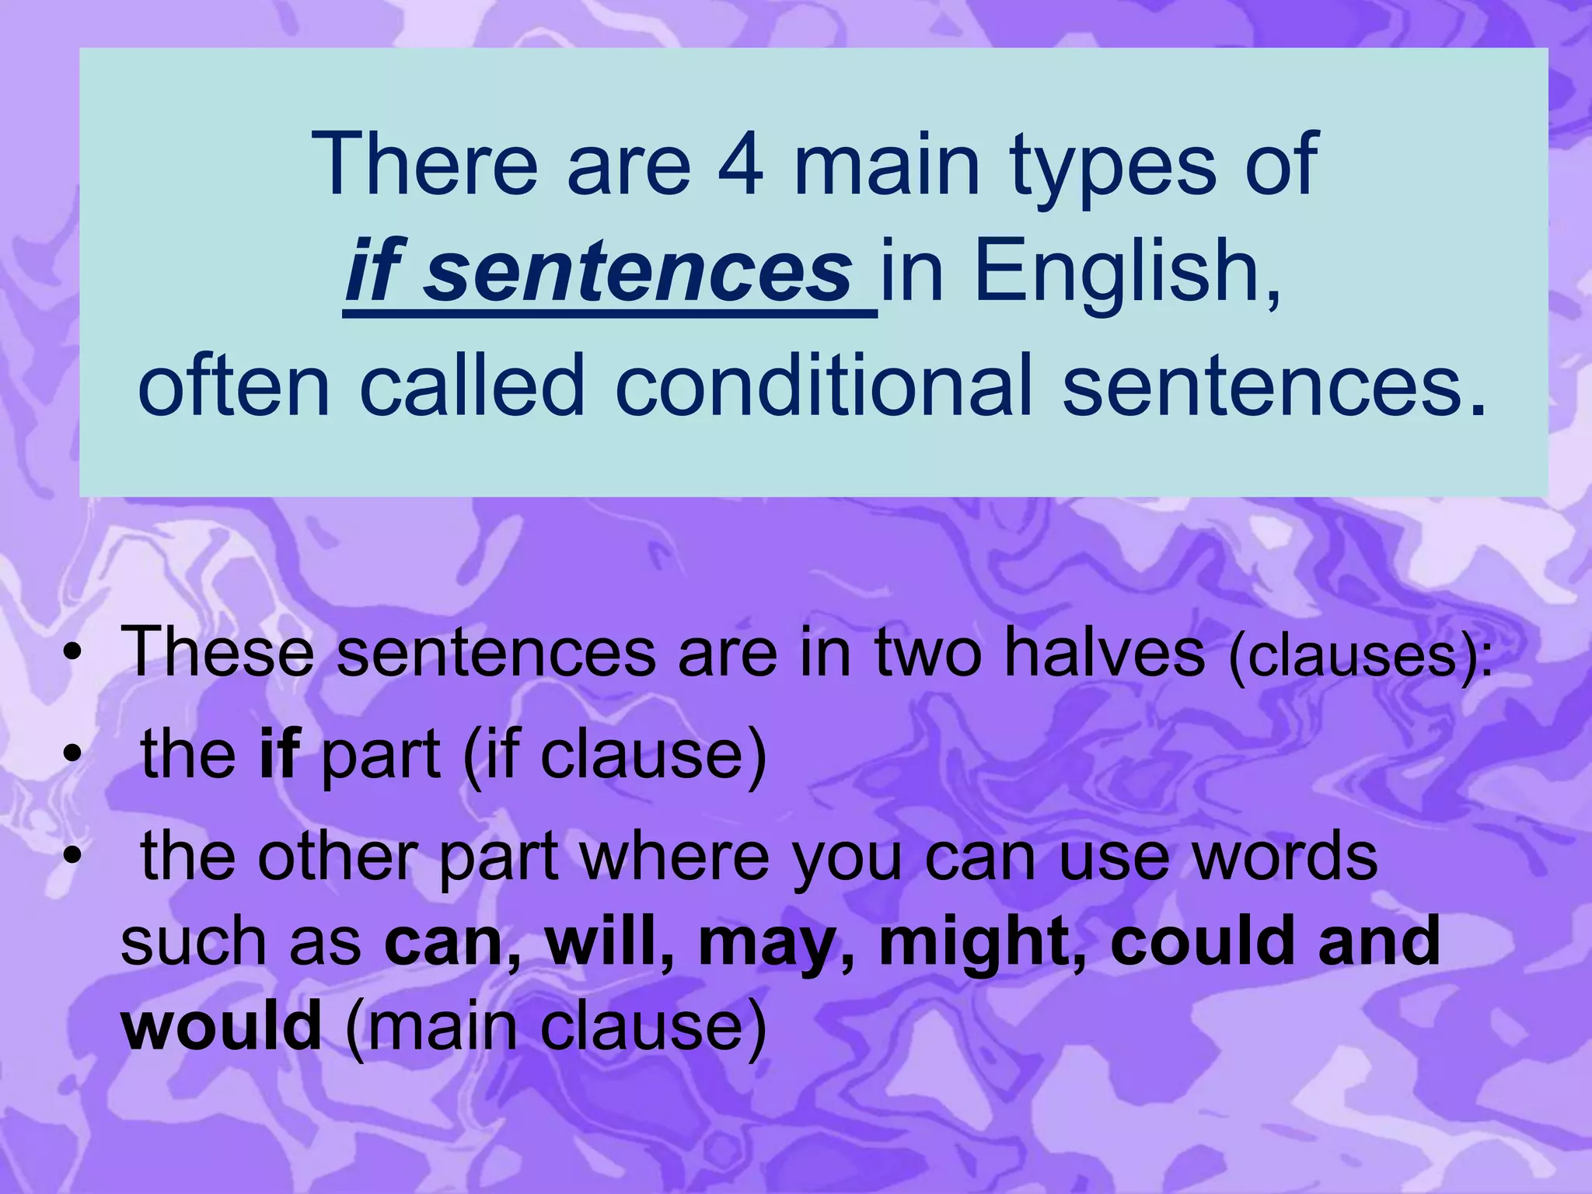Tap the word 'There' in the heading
coord(424,165)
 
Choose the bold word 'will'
coord(601,941)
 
